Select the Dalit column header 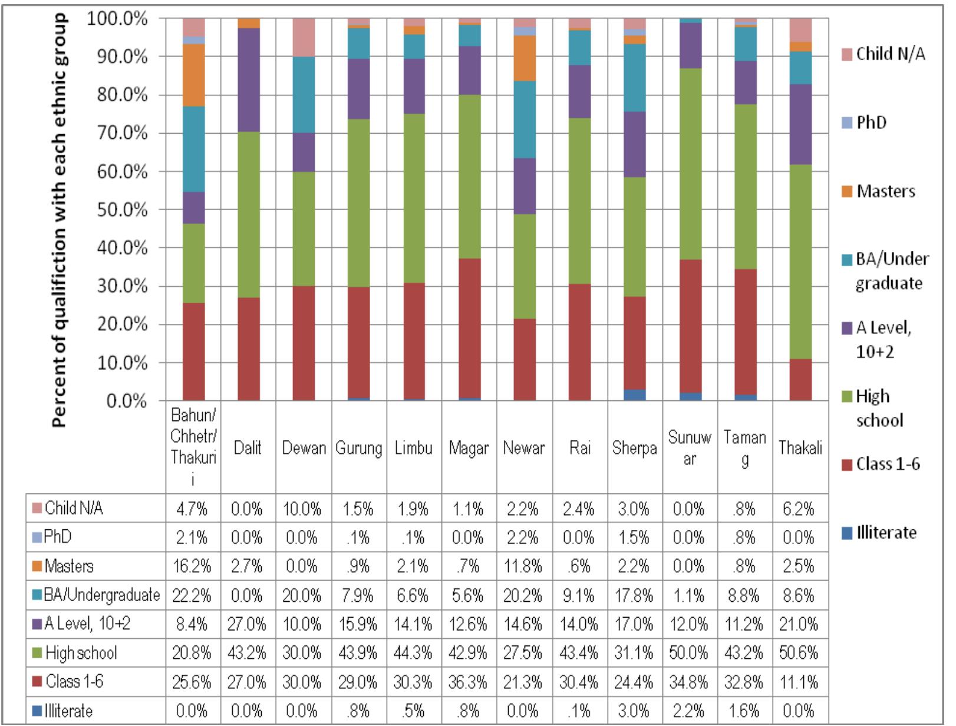(248, 448)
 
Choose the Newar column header (523, 448)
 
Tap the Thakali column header (799, 448)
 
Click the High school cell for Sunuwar (689, 653)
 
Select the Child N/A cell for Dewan (302, 509)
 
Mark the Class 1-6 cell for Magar (468, 682)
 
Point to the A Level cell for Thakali (799, 624)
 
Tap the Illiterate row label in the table (68, 711)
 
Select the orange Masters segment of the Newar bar (524, 58)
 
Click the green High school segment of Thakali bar (800, 261)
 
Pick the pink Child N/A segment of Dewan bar (304, 37)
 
